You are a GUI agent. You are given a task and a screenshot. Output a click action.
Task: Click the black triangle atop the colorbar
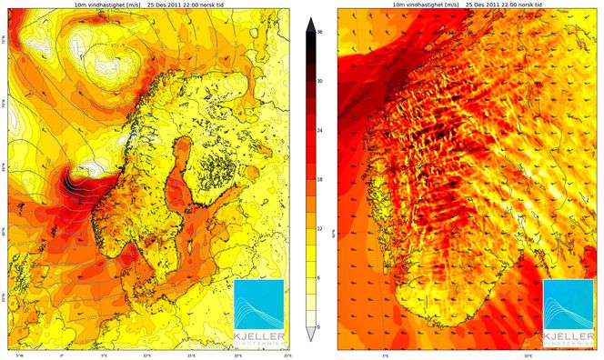(312, 24)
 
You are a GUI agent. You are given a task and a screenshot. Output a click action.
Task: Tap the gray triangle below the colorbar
(312, 335)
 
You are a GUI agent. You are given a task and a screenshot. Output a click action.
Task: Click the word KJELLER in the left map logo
(259, 336)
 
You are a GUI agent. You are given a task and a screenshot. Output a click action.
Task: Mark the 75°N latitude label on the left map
(4, 41)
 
